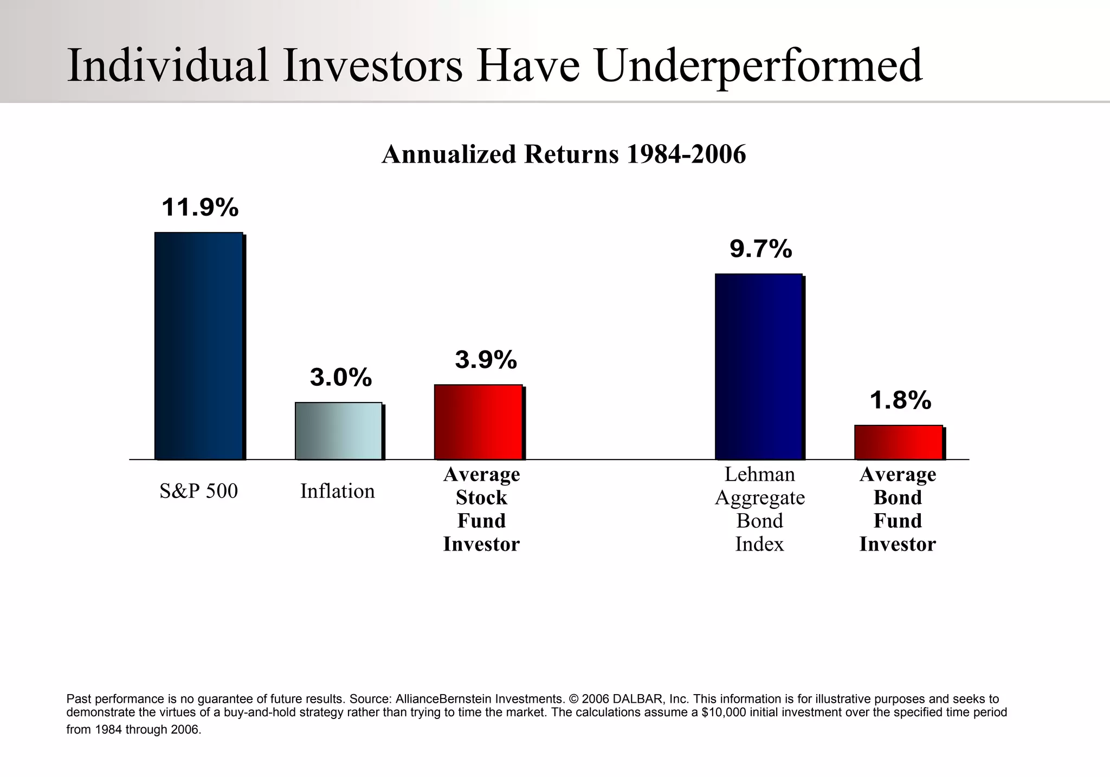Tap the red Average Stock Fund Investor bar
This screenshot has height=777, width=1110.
click(x=478, y=422)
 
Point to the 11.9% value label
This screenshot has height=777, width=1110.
click(x=200, y=208)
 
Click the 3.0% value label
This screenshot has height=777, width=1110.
click(x=341, y=377)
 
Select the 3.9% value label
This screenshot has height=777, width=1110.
click(x=486, y=360)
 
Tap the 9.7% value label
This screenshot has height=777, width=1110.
click(x=760, y=249)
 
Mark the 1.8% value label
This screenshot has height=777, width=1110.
click(x=900, y=400)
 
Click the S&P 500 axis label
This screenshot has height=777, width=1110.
click(x=198, y=491)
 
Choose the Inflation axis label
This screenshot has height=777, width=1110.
click(x=337, y=491)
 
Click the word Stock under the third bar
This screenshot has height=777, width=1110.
click(x=481, y=497)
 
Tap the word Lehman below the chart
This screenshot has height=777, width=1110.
click(x=759, y=475)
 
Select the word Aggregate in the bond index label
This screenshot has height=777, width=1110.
click(x=759, y=498)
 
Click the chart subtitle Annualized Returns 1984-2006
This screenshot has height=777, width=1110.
click(x=564, y=154)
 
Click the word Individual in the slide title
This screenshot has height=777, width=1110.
click(x=167, y=65)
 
